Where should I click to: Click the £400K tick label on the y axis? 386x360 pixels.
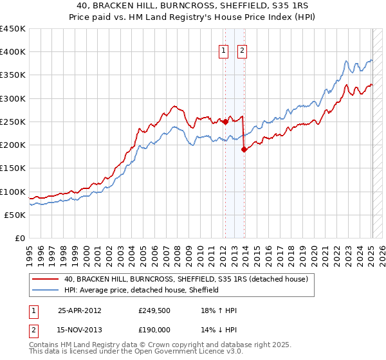click(x=12, y=52)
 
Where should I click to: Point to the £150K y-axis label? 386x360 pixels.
click(x=12, y=168)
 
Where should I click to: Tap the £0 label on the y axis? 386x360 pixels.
click(x=19, y=238)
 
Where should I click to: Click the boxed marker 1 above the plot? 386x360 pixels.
click(x=223, y=51)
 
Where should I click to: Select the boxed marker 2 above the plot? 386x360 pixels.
click(x=242, y=51)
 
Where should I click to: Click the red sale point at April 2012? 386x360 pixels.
click(x=225, y=122)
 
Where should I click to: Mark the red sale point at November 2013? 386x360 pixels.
click(x=243, y=149)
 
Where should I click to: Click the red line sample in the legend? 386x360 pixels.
click(x=46, y=280)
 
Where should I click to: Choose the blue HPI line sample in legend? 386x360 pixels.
click(x=46, y=290)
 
